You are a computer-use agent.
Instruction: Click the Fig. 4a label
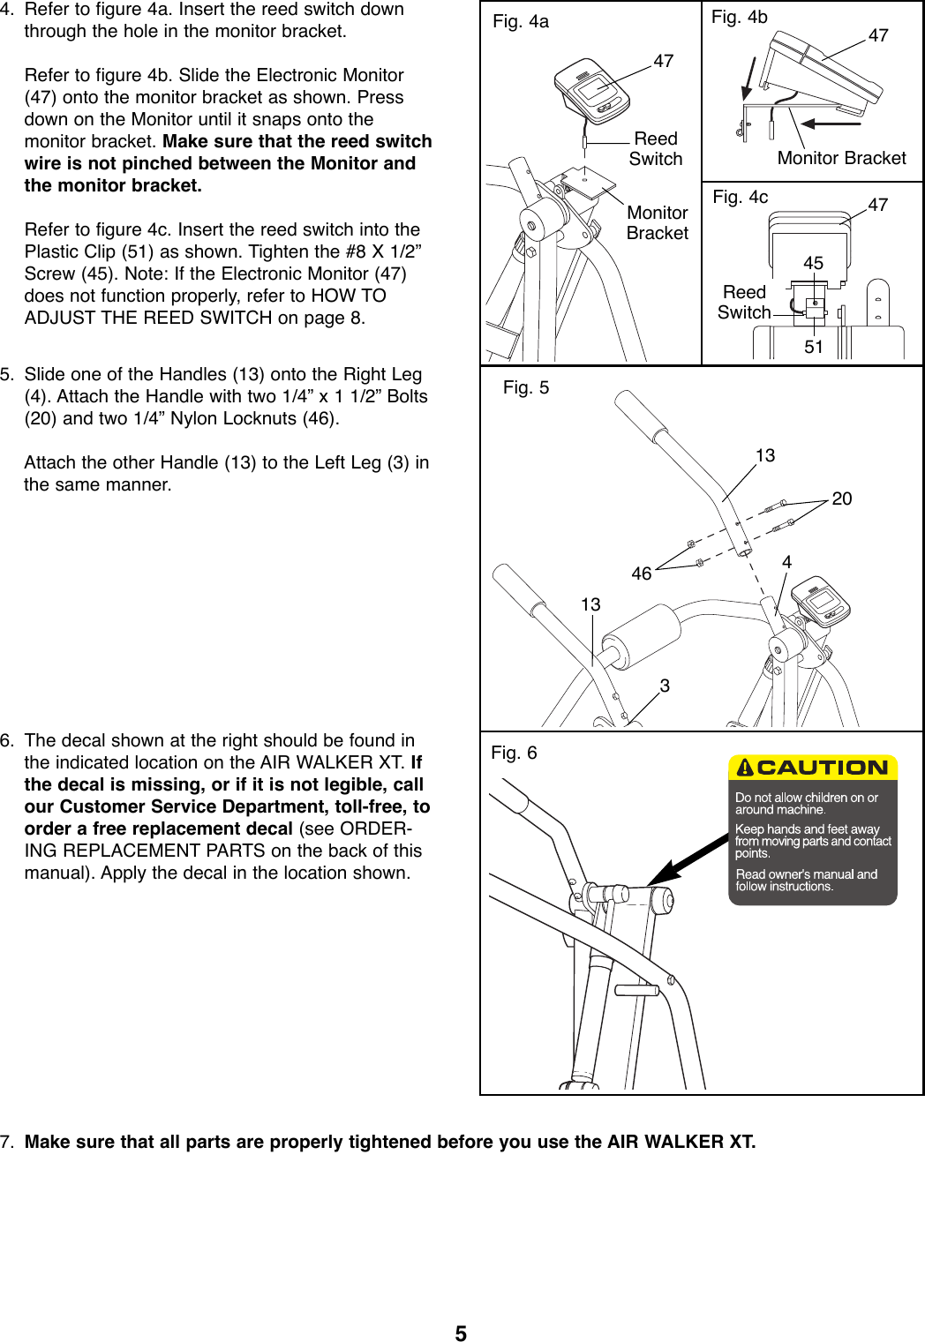[x=521, y=22]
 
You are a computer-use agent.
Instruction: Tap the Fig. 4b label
[x=739, y=17]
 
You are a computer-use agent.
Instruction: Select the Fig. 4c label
[x=740, y=197]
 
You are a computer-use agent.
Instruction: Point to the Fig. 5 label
[x=526, y=387]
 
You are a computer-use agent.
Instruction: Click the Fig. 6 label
[x=514, y=753]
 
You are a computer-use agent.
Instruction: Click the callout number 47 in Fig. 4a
[x=663, y=61]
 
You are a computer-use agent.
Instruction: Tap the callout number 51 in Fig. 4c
[x=813, y=347]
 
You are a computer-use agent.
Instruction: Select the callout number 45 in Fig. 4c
[x=813, y=263]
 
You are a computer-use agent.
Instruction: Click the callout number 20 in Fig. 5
[x=842, y=499]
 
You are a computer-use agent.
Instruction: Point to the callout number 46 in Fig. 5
[x=642, y=574]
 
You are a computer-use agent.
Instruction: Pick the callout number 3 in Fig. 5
[x=665, y=685]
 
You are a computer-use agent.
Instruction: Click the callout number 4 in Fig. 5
[x=786, y=562]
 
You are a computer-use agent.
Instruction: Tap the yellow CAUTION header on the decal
[x=813, y=768]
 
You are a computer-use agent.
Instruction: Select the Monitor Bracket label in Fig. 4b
[x=841, y=158]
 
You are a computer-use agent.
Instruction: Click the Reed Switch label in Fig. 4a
[x=656, y=149]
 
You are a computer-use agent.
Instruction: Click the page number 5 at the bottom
[x=461, y=1333]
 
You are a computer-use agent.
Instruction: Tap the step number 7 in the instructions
[x=7, y=1142]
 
